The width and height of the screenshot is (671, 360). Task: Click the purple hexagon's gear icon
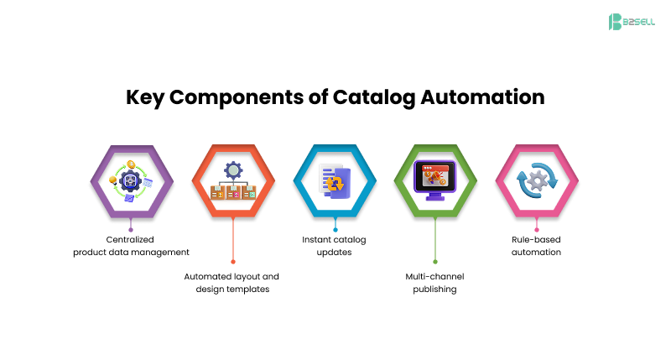[x=132, y=180]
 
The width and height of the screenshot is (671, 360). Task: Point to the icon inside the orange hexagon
[x=232, y=180]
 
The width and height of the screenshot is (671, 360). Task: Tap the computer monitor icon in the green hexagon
[x=435, y=180]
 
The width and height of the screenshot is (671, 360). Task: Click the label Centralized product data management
[x=131, y=246]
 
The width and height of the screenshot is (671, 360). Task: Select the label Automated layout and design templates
[x=231, y=282]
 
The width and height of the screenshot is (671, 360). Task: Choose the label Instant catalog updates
[x=334, y=246]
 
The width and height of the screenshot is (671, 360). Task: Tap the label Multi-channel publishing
[x=434, y=282]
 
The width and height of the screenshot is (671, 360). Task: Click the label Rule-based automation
[x=536, y=246]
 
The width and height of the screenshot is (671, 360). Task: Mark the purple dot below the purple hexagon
[x=131, y=228]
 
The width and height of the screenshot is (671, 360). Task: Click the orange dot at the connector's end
[x=233, y=262]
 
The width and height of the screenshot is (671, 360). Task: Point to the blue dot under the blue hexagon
[x=335, y=228]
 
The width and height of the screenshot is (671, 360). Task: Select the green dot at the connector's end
[x=435, y=262]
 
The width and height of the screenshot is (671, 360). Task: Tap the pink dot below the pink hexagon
[x=536, y=228]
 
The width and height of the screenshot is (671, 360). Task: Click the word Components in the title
[x=249, y=97]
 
